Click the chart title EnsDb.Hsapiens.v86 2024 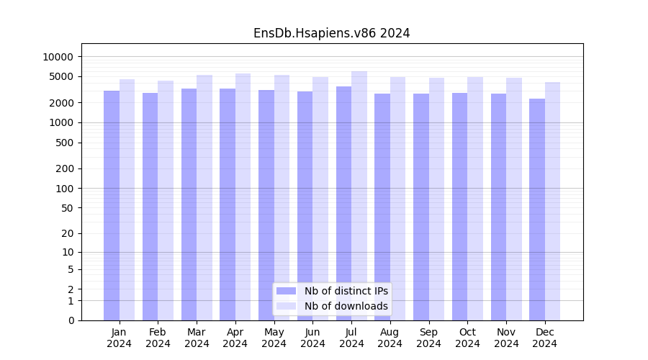coord(331,33)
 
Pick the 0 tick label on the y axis coord(71,320)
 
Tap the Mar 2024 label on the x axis coord(197,338)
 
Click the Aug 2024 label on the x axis coord(390,338)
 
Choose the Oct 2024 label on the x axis coord(467,338)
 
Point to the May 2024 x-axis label coord(274,338)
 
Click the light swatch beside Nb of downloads coord(286,306)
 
